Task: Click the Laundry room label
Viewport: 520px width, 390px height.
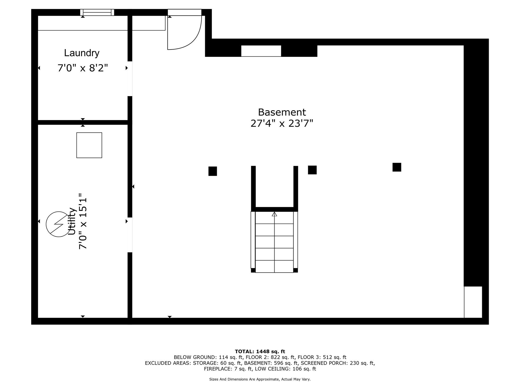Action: (x=82, y=53)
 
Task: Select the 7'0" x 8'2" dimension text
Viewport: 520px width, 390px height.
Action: (x=83, y=68)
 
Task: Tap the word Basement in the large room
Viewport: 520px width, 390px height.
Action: (x=282, y=112)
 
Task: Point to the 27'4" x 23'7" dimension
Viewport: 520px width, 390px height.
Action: (x=282, y=124)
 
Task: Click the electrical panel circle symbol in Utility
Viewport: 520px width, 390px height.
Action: (x=58, y=224)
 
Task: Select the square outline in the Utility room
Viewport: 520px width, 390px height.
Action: (x=89, y=145)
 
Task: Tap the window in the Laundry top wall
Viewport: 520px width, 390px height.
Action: (x=97, y=12)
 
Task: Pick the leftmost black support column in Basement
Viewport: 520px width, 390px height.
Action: (x=213, y=171)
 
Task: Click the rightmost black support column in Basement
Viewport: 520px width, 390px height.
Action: (x=397, y=167)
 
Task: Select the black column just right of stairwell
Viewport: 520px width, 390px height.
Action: (x=312, y=170)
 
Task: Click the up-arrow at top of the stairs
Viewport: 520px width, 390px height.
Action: (x=274, y=214)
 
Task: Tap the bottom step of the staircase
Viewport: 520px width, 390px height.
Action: (x=274, y=267)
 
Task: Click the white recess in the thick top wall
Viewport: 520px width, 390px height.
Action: (x=261, y=51)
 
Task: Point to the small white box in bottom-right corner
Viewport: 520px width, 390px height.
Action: (x=473, y=302)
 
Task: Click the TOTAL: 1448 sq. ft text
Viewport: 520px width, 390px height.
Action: (x=260, y=351)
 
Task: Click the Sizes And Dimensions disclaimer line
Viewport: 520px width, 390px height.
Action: (x=260, y=379)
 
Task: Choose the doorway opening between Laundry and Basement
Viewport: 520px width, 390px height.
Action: (x=130, y=79)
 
